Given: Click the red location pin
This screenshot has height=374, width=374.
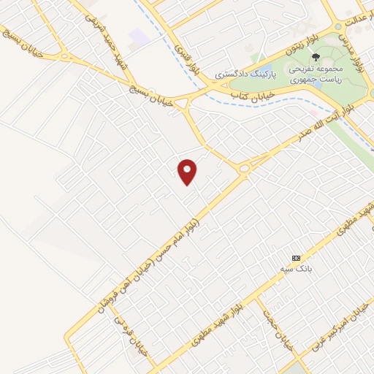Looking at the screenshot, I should coord(188,171).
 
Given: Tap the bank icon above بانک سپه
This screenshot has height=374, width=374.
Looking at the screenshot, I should coord(296,259).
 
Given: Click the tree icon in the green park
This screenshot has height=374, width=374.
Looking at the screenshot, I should coord(316,56).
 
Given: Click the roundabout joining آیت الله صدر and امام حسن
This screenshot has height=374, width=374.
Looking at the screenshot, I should coord(244,169).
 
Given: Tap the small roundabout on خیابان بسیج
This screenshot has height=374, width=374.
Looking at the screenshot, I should coord(66,56).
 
